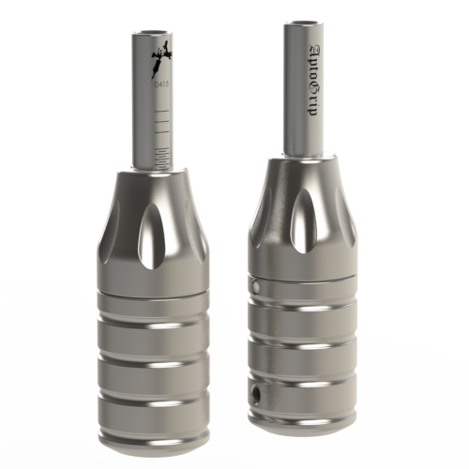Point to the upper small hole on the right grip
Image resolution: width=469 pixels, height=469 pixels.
point(252,281)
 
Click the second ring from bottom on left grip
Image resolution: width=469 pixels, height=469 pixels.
point(153,368)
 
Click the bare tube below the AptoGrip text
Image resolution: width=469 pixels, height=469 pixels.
point(306,136)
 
